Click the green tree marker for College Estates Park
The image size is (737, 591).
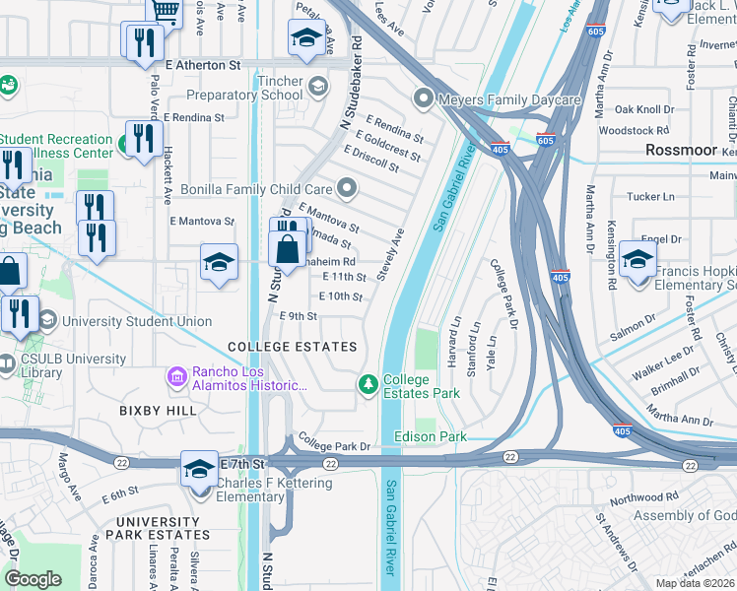[368, 383]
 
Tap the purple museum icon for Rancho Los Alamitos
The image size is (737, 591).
[176, 376]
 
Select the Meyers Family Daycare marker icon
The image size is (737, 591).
[424, 98]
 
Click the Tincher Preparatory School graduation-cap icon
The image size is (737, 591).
[317, 87]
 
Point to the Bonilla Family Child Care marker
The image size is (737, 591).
[346, 187]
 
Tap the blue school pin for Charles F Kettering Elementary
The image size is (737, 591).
[199, 468]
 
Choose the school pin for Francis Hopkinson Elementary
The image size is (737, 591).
[637, 260]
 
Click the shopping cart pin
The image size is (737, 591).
[165, 12]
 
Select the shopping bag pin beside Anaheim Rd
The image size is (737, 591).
[287, 248]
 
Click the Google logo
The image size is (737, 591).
[33, 578]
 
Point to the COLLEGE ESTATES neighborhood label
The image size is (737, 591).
[292, 347]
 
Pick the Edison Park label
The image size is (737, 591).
[429, 436]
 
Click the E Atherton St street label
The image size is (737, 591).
[203, 65]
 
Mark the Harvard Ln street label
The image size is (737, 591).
[454, 342]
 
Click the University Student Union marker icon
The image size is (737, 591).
[47, 320]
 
